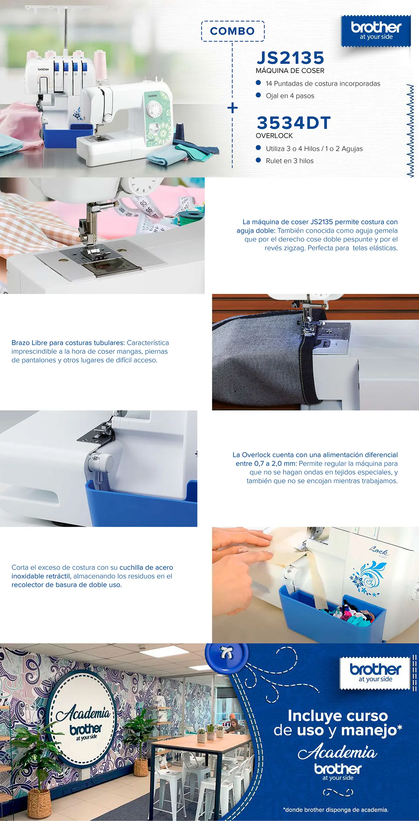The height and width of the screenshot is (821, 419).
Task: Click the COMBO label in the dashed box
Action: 232,31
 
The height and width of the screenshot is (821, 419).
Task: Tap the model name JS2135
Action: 290,58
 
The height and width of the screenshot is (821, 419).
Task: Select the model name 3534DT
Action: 294,123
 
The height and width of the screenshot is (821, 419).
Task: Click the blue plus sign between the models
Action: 233,108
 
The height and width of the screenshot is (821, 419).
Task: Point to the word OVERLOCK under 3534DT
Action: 274,136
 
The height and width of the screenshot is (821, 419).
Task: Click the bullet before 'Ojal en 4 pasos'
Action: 259,95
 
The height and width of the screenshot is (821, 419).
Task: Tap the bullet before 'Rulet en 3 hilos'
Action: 259,160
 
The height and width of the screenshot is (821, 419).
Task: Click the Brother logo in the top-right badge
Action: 376,31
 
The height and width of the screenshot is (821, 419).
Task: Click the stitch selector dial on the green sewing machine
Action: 153,109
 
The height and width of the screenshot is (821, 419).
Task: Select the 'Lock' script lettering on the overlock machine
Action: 379,551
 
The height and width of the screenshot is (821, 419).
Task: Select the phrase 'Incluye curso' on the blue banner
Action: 338,716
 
